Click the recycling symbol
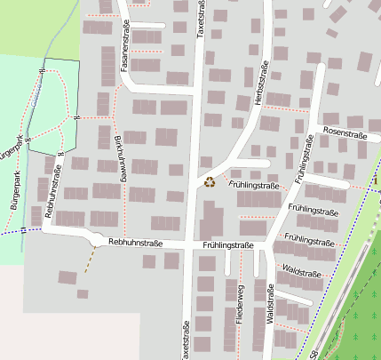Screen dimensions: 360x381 [x=210, y=182]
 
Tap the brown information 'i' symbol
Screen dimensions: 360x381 [x=377, y=181]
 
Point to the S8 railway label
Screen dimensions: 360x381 [x=315, y=353]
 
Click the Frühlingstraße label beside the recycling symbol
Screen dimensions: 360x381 [x=254, y=185]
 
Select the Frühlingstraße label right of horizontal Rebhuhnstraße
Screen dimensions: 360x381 [x=227, y=245]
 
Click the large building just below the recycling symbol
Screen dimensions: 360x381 [x=212, y=223]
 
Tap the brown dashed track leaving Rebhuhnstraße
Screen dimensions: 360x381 [x=90, y=259]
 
